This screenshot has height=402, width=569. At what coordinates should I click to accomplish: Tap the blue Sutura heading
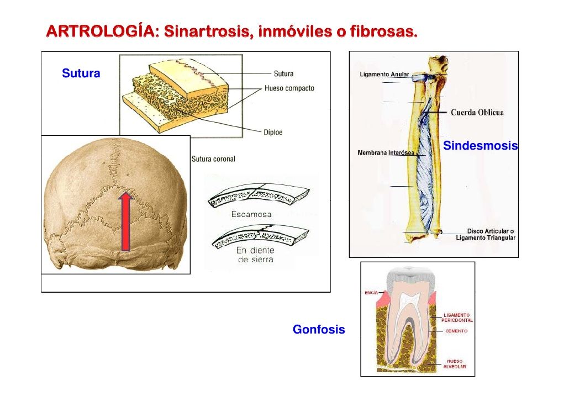click(x=81, y=73)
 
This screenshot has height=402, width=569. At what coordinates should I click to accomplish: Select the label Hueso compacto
click(x=289, y=88)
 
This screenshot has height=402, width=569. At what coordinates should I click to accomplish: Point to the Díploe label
click(x=272, y=133)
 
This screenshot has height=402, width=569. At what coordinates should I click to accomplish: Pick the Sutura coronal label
click(x=213, y=159)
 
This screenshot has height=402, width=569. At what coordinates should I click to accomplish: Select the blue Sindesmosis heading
click(x=480, y=146)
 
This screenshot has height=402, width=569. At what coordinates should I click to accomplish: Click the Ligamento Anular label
click(x=384, y=75)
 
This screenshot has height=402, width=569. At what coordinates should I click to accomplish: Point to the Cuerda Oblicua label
click(x=477, y=113)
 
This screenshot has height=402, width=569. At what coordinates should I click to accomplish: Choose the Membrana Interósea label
click(x=386, y=152)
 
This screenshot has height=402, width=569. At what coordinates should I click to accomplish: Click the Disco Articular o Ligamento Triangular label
click(x=486, y=235)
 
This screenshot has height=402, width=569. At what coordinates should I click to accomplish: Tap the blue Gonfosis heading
click(x=319, y=330)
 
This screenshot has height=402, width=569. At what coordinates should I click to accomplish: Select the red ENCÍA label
click(x=371, y=293)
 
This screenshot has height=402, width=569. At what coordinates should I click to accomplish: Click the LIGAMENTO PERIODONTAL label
click(x=457, y=318)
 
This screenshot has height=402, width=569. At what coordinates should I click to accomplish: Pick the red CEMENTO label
click(x=456, y=331)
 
